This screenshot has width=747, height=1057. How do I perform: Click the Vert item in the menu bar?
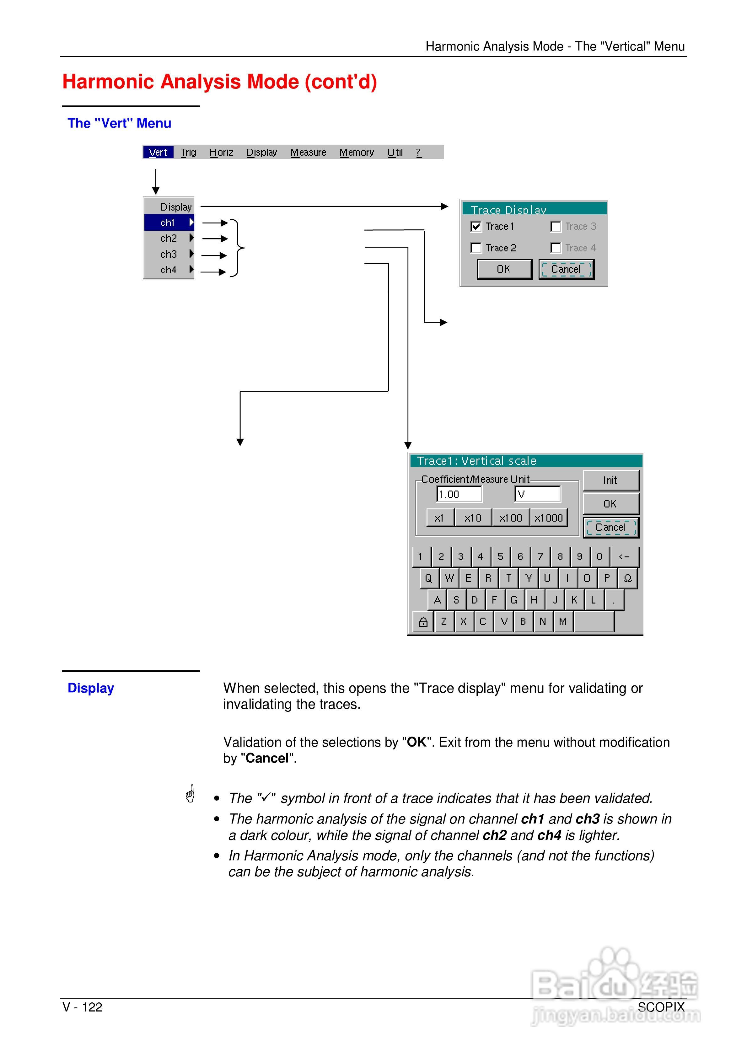pyautogui.click(x=158, y=153)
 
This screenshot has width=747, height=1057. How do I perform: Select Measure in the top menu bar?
pyautogui.click(x=308, y=153)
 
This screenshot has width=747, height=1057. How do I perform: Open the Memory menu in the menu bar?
pyautogui.click(x=357, y=153)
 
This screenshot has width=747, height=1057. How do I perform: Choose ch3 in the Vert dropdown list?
pyautogui.click(x=169, y=254)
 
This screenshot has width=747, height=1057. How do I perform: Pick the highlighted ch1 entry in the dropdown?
pyautogui.click(x=169, y=223)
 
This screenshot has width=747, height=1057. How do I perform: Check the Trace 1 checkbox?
pyautogui.click(x=476, y=227)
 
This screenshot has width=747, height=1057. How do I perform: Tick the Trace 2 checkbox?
pyautogui.click(x=476, y=248)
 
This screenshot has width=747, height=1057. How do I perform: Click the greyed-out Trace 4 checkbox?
pyautogui.click(x=556, y=248)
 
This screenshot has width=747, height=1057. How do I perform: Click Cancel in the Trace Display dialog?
pyautogui.click(x=566, y=269)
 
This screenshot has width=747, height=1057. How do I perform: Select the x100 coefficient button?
pyautogui.click(x=511, y=518)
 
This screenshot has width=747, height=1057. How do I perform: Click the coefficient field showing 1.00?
pyautogui.click(x=459, y=494)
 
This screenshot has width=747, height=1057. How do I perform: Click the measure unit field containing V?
pyautogui.click(x=537, y=494)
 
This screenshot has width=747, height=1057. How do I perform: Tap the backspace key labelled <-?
pyautogui.click(x=624, y=556)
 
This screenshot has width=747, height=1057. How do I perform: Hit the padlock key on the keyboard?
pyautogui.click(x=423, y=622)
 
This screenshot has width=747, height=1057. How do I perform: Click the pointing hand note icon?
pyautogui.click(x=190, y=794)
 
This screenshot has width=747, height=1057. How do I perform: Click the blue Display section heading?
pyautogui.click(x=91, y=688)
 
